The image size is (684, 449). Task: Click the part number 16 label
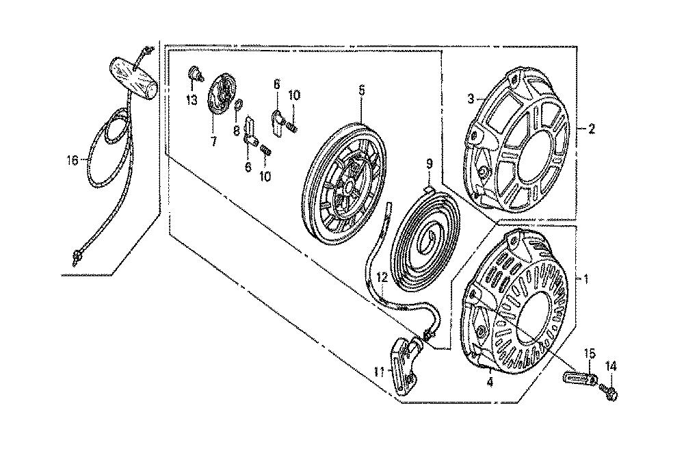[x=73, y=161]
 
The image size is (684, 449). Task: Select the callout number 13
[x=192, y=100]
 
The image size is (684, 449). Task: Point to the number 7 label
[x=213, y=141]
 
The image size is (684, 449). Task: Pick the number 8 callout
[x=236, y=130]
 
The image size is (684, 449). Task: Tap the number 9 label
[x=430, y=164]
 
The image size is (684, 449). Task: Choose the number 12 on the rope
[x=382, y=277]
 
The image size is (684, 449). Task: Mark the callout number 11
[x=378, y=372]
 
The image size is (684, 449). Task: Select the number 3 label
[x=471, y=99]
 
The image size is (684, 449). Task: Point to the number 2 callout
[x=591, y=129]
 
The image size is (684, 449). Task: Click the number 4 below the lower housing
[x=490, y=383]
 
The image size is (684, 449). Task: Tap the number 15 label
[x=590, y=352]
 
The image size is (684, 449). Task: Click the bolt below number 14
[x=610, y=393]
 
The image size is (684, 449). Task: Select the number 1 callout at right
[x=586, y=279]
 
